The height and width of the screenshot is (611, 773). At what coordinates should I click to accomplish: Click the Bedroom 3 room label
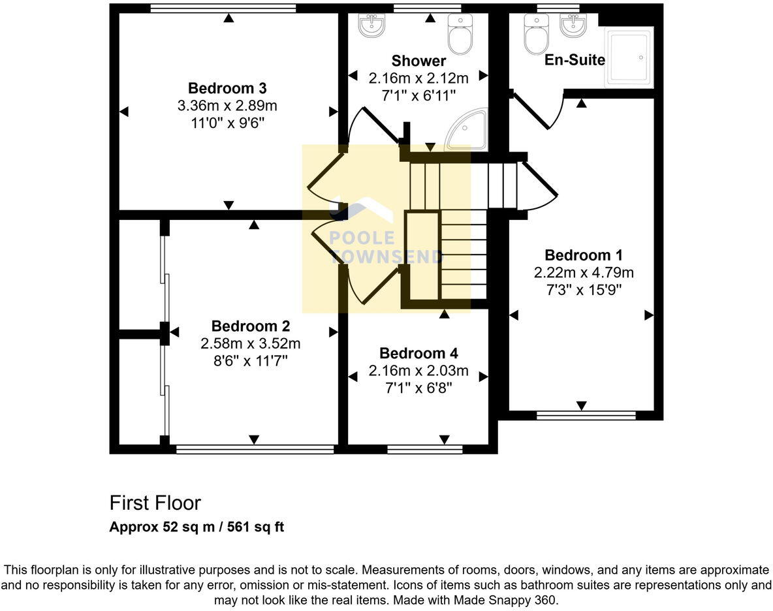[227, 88]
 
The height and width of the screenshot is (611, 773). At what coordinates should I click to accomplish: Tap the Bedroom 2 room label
[251, 326]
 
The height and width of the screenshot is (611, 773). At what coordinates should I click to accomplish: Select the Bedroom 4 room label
[418, 354]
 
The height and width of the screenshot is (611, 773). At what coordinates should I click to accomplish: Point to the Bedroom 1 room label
[584, 255]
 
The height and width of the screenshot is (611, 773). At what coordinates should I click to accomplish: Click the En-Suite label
[575, 60]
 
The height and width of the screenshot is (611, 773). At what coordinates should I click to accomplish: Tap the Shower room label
[418, 61]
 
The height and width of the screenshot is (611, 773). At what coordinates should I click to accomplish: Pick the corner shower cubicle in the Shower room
[467, 131]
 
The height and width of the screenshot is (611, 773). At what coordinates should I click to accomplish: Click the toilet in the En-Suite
[537, 37]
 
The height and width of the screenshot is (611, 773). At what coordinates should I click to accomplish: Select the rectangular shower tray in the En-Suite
[629, 57]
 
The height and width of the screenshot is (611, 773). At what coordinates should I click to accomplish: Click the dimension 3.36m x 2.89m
[227, 105]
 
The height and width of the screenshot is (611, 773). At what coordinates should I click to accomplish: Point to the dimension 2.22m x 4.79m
[584, 272]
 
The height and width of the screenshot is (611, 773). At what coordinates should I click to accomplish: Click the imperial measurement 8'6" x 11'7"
[251, 360]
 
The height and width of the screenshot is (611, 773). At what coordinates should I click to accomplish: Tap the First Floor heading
[155, 503]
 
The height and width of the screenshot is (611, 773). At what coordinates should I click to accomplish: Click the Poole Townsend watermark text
[385, 247]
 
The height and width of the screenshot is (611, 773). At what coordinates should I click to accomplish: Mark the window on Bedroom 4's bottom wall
[424, 448]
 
